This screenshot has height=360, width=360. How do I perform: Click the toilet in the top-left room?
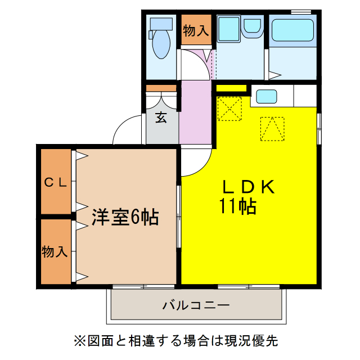click(161, 39)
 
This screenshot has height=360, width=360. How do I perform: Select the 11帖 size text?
click(238, 207)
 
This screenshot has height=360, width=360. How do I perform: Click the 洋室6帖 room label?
click(125, 217)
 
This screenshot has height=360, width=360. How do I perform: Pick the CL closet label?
click(56, 182)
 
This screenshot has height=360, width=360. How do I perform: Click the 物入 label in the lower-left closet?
click(55, 251)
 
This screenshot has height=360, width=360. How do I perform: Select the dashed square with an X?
click(229, 108)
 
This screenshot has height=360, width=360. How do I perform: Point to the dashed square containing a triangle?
click(272, 129)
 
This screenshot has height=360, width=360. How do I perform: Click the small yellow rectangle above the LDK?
click(231, 88)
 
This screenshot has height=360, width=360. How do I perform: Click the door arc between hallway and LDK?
click(194, 163)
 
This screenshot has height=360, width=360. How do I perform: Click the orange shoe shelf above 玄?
click(161, 88)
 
